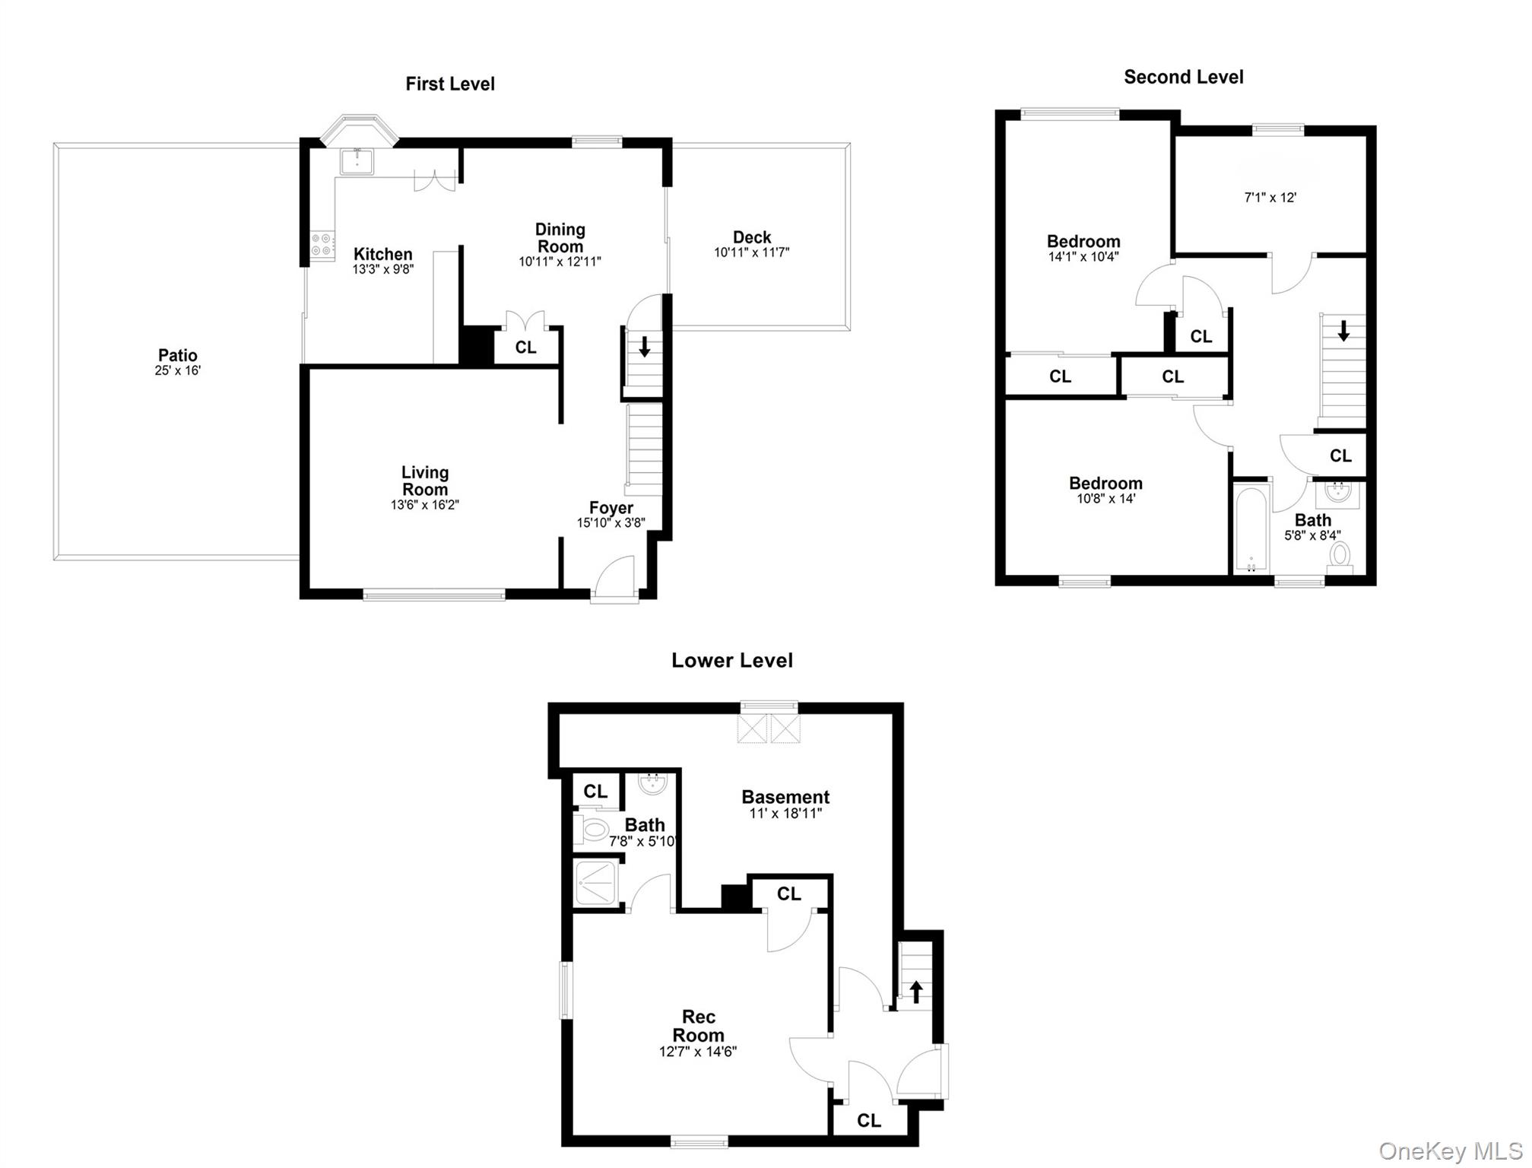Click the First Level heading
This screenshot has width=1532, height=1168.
tap(449, 84)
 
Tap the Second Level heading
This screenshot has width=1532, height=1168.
tap(1183, 77)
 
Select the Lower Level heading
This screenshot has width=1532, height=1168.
tap(731, 660)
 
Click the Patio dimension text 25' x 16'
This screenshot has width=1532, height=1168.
tap(177, 371)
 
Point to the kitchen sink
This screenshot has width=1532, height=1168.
tap(357, 161)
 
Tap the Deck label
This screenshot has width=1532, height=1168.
tap(751, 237)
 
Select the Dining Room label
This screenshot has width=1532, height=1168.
tap(560, 237)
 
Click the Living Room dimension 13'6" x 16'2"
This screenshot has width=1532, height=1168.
tap(424, 505)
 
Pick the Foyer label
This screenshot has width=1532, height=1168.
tap(611, 508)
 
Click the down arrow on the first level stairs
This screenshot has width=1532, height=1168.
tap(645, 347)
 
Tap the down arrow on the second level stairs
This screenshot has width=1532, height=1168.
tap(1343, 331)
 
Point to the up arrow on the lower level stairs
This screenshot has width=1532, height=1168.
tap(916, 992)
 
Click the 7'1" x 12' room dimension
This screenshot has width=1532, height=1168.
tap(1270, 198)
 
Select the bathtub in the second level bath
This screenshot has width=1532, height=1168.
tap(1251, 529)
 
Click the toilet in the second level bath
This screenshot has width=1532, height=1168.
tap(1340, 556)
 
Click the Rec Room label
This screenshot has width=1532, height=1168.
tap(698, 1026)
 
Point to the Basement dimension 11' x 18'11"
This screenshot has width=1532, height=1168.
tap(785, 814)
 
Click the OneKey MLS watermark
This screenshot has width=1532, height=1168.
tap(1451, 1151)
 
